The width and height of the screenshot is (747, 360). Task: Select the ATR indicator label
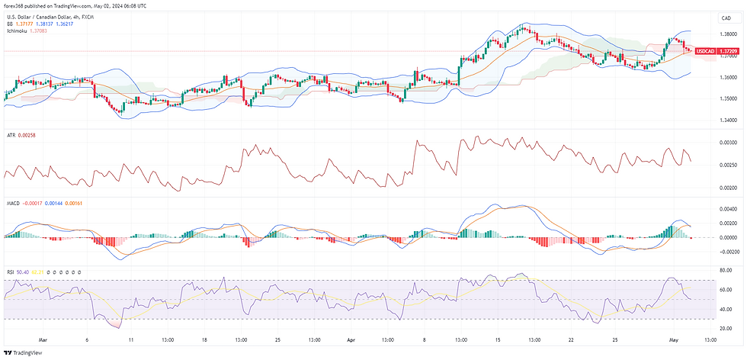tap(11, 135)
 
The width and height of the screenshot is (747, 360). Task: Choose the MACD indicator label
tap(13, 204)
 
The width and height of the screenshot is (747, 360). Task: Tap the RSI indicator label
tap(10, 272)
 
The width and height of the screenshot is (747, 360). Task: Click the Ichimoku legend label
tap(17, 31)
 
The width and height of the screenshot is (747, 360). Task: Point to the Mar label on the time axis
tap(42, 339)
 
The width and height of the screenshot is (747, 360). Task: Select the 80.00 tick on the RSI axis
tap(726, 270)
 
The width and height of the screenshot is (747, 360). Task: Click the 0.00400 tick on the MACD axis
tap(727, 208)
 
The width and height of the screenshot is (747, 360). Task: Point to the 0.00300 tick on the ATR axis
tap(727, 143)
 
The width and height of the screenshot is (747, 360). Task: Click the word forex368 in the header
tap(17, 5)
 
